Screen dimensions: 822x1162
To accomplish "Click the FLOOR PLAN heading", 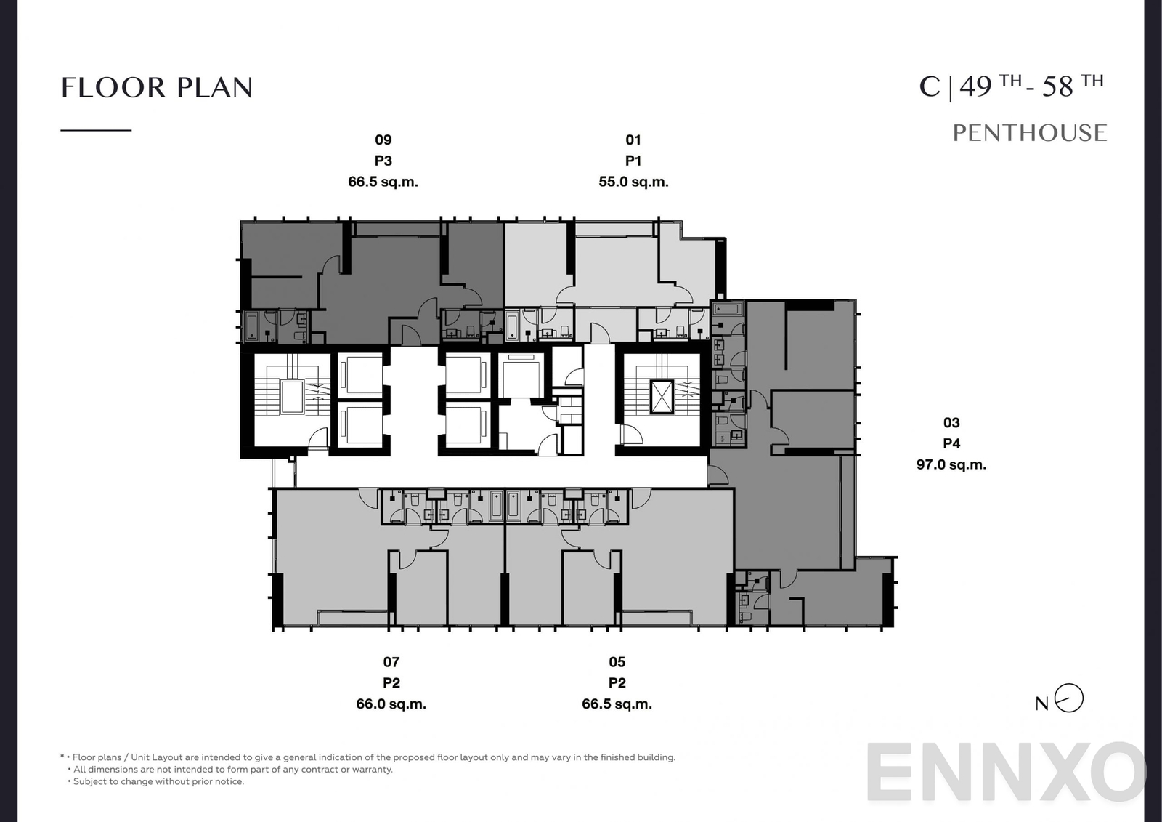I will tap(157, 88).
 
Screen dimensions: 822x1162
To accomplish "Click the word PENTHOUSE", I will tap(1029, 133).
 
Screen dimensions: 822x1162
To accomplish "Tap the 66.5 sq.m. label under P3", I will tap(383, 182).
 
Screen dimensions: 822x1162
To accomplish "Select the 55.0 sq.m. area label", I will tap(633, 182).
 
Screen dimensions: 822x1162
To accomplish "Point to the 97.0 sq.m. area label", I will tap(951, 464).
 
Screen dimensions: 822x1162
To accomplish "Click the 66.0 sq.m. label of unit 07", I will tap(391, 704).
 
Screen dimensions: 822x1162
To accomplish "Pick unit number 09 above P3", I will tap(383, 140).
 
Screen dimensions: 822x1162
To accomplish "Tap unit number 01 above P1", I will tap(633, 140).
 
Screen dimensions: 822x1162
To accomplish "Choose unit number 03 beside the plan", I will tap(951, 422).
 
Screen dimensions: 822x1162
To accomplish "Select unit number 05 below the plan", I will tap(617, 661).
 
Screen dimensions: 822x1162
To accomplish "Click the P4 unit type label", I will tap(951, 443).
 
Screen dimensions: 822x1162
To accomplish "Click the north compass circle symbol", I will tap(1069, 698).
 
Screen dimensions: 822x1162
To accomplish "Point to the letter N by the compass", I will tap(1041, 704).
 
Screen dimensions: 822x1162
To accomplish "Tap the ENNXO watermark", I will tap(1006, 772).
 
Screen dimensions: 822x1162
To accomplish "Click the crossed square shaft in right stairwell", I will tap(662, 397).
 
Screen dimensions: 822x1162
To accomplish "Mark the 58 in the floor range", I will tap(1057, 87).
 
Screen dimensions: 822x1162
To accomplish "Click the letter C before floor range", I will tap(929, 87).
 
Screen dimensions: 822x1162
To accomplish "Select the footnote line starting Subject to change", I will tap(158, 781).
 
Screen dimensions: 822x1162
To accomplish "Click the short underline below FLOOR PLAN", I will tap(96, 130).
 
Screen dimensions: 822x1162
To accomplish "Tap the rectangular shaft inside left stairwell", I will tap(292, 396).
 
